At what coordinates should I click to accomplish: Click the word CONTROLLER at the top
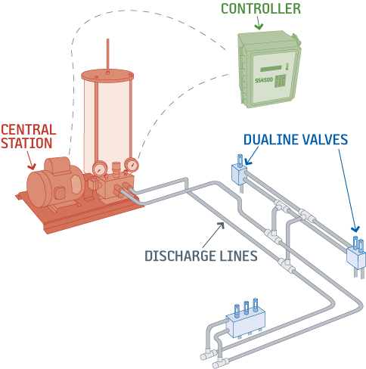click(x=261, y=8)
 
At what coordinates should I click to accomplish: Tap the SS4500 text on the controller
click(x=264, y=80)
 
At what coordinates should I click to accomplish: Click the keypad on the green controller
click(x=280, y=81)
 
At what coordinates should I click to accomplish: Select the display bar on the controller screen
click(x=271, y=69)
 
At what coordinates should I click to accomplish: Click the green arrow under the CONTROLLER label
click(x=259, y=23)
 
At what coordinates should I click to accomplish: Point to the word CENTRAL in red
click(x=29, y=130)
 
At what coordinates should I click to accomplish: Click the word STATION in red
click(x=26, y=143)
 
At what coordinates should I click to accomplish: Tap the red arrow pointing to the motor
click(x=31, y=160)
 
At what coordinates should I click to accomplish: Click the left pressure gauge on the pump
click(x=99, y=169)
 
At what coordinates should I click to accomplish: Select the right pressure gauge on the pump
click(x=132, y=166)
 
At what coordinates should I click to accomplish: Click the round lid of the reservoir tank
click(x=107, y=76)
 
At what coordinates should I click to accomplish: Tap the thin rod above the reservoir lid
click(x=107, y=55)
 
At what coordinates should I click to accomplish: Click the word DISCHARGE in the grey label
click(x=181, y=256)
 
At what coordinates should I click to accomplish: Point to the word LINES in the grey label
click(x=238, y=256)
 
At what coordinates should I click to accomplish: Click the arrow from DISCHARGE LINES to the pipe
click(x=213, y=235)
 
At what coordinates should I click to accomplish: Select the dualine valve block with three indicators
click(x=246, y=319)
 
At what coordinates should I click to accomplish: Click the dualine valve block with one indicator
click(x=240, y=173)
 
